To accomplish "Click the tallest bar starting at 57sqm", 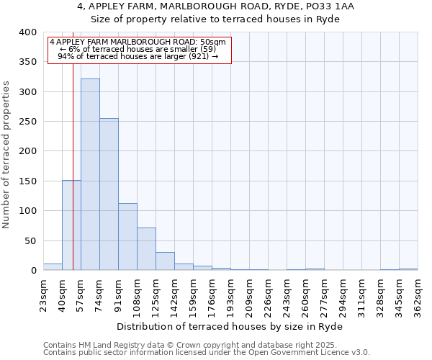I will point(90,174).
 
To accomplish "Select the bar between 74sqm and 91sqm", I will point(109,194).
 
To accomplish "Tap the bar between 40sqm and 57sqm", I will point(71,225).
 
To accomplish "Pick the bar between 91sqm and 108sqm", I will point(127,237).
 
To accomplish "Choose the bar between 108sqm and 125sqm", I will point(146,249).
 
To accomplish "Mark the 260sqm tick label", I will point(305,294).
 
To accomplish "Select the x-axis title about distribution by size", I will point(230,326).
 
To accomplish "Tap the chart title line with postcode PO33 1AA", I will point(216,6).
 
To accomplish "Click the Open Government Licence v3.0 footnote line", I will point(207,353).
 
